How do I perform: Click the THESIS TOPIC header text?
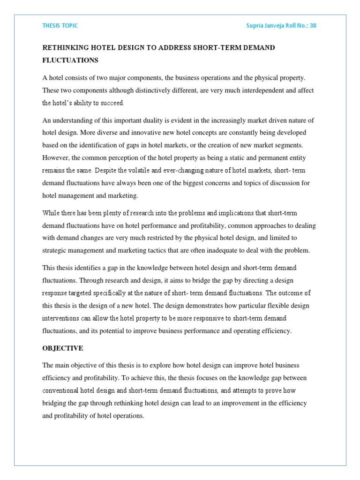click(60, 26)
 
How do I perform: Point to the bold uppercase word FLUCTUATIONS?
click(70, 60)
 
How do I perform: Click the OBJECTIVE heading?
click(63, 348)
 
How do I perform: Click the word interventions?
click(64, 319)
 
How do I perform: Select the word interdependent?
click(247, 90)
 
